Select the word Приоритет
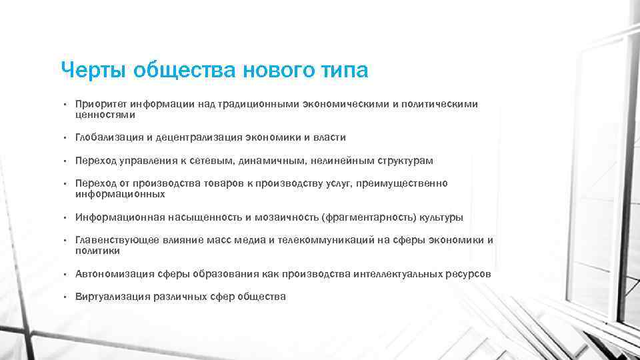pyautogui.click(x=101, y=104)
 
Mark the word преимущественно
pyautogui.click(x=405, y=183)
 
